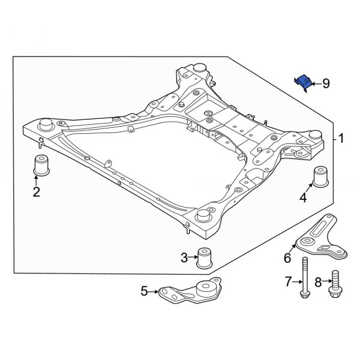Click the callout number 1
point(341,139)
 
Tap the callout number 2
point(36,192)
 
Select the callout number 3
point(184,258)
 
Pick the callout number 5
point(144,292)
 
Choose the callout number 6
point(287,258)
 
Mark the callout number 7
point(287,281)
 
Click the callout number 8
point(318,281)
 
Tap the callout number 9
point(326,83)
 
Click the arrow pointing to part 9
point(316,83)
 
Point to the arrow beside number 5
point(154,292)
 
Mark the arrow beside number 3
point(193,258)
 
